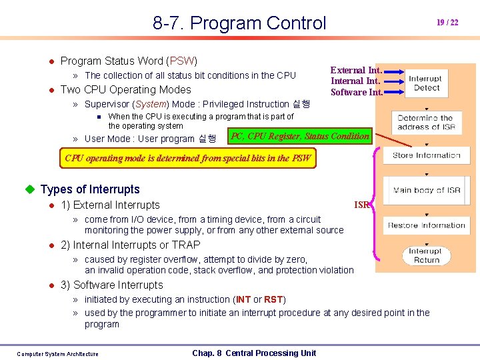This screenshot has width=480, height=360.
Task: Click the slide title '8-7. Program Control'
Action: click(239, 23)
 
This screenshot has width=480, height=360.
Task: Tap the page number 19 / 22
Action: click(447, 23)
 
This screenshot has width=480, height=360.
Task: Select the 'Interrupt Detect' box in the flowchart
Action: click(425, 83)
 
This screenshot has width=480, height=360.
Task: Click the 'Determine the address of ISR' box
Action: click(426, 122)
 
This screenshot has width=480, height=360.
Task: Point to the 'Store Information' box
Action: click(426, 155)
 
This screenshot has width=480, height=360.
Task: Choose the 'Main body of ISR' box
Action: click(427, 190)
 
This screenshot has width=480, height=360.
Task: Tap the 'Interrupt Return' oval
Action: click(425, 255)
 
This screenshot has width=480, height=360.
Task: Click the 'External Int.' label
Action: click(357, 70)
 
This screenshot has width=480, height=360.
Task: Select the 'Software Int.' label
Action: click(357, 92)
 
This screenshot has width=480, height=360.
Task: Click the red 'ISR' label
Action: click(362, 205)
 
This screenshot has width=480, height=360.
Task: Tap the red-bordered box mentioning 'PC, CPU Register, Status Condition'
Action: click(299, 136)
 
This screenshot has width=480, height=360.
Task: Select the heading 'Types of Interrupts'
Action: click(90, 189)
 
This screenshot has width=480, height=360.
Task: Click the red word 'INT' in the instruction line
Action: click(244, 299)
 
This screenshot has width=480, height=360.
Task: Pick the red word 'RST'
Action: click(273, 299)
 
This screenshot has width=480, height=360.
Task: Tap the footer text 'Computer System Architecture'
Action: click(57, 354)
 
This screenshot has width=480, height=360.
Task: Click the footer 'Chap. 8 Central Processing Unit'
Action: click(254, 353)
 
